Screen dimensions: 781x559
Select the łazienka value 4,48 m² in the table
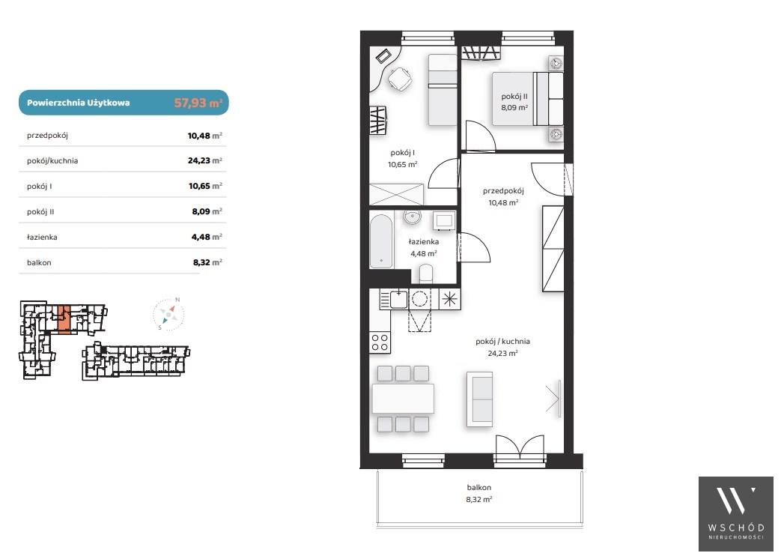click(207, 237)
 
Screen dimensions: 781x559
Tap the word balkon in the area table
click(39, 262)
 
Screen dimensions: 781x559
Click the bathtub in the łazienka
click(382, 241)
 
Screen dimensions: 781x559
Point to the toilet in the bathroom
click(426, 274)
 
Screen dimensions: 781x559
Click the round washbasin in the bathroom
click(413, 217)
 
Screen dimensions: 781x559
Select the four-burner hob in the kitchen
click(380, 342)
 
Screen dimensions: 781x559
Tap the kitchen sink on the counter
click(398, 299)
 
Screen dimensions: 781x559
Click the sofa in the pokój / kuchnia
click(479, 399)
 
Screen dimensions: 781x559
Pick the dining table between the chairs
click(403, 399)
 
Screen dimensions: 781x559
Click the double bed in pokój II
click(527, 99)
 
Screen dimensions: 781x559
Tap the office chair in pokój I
click(399, 79)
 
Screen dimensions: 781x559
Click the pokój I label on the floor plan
click(402, 152)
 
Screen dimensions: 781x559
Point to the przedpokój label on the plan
click(503, 191)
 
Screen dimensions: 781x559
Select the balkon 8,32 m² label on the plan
click(478, 493)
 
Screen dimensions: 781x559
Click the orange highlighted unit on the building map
click(64, 318)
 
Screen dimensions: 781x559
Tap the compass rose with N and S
click(168, 315)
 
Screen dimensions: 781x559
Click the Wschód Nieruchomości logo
click(735, 513)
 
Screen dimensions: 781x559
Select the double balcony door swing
click(520, 447)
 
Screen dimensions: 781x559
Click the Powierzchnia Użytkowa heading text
click(78, 103)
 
